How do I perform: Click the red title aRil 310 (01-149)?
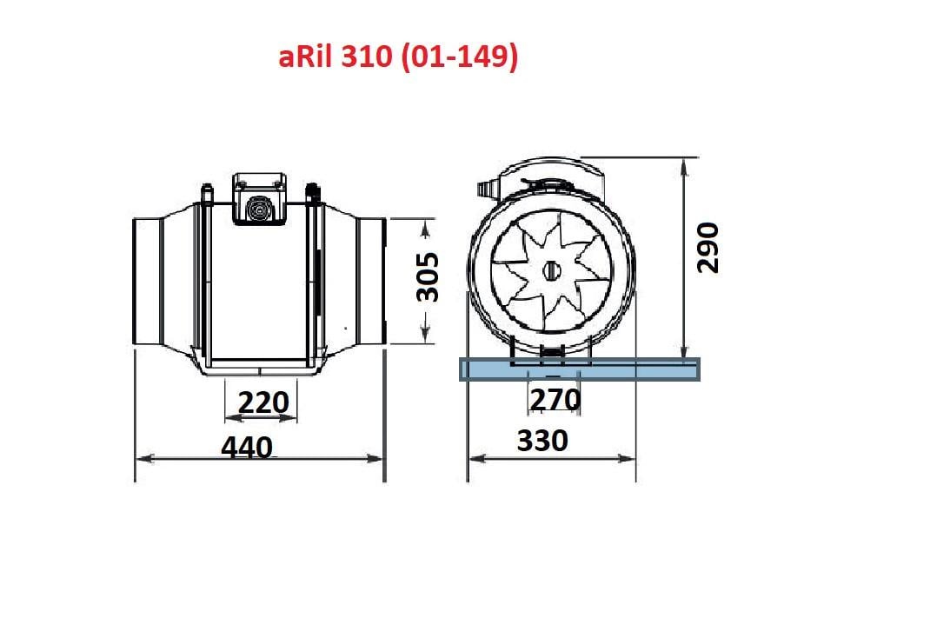(x=398, y=57)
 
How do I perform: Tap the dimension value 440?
(x=247, y=448)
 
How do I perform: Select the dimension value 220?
(x=263, y=402)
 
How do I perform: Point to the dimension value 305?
(x=428, y=277)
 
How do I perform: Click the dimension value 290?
(x=708, y=248)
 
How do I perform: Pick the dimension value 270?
(x=555, y=400)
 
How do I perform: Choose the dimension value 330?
(x=542, y=441)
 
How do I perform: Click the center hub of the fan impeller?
(x=552, y=271)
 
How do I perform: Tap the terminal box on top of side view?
(x=259, y=198)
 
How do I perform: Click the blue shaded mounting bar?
(x=579, y=369)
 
